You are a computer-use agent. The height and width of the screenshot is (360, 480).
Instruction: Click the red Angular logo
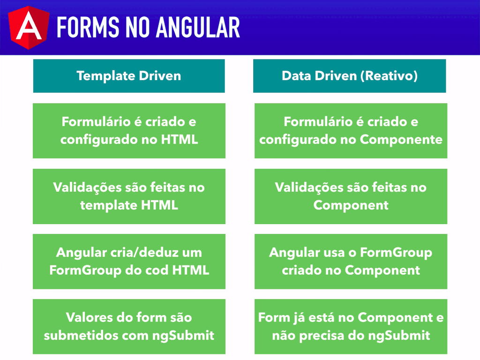click(29, 28)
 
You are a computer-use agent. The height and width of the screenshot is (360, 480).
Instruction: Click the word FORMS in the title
click(88, 28)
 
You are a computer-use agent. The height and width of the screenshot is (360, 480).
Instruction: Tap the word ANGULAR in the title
click(198, 28)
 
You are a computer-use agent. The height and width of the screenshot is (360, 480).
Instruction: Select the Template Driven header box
click(129, 76)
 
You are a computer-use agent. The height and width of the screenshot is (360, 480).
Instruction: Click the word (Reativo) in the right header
click(389, 76)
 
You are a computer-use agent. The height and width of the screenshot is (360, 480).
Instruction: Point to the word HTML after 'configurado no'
click(180, 140)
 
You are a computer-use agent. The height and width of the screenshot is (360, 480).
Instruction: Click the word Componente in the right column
click(401, 140)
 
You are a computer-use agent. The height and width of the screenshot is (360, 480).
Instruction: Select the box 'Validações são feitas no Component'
click(351, 196)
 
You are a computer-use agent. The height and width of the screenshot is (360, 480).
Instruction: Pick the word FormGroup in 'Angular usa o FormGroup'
click(396, 253)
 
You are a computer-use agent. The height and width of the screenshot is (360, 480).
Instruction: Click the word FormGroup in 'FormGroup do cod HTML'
click(85, 270)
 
